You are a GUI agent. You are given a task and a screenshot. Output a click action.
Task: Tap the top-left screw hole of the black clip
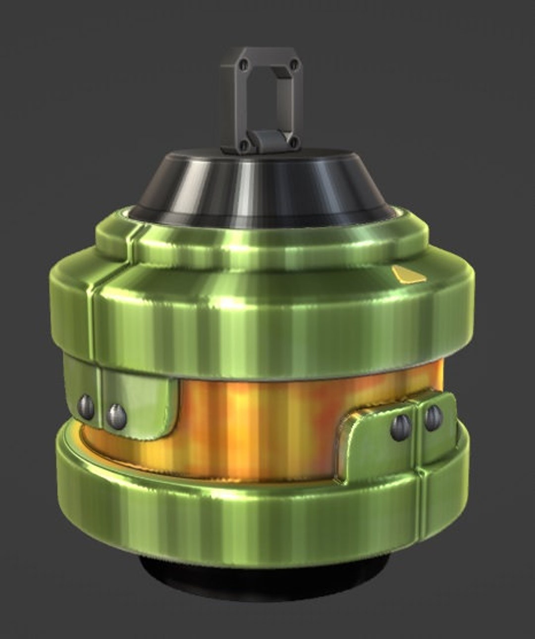tap(244, 64)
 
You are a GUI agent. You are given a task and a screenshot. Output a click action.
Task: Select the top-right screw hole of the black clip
tap(294, 64)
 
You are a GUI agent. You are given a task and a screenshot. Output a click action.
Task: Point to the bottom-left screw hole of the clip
tap(244, 145)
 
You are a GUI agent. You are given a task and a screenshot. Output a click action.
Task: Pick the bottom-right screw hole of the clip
tap(294, 143)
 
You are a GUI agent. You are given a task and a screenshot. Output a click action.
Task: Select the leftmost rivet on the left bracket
tap(86, 407)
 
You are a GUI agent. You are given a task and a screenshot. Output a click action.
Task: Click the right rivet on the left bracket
tap(117, 416)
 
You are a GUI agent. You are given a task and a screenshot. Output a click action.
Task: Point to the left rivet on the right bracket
tap(401, 427)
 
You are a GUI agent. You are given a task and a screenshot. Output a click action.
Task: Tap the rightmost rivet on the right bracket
tap(433, 417)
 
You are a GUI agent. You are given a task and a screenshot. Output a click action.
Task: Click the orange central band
tap(258, 426)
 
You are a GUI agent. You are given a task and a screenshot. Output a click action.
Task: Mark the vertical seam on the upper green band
tap(94, 302)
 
